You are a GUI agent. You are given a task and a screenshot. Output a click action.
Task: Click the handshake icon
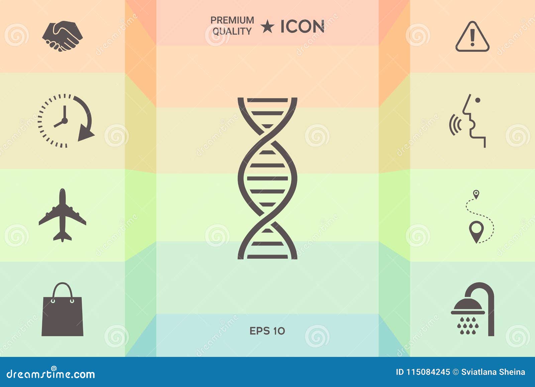point(62,36)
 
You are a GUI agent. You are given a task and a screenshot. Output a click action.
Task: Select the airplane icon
point(63,215)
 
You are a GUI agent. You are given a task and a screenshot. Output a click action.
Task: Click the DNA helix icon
point(267,178)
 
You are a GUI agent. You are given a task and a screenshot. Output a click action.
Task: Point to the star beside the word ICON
point(267,27)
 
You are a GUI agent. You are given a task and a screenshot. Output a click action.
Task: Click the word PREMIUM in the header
point(232,20)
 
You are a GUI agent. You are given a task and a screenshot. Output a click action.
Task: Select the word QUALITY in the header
point(232,31)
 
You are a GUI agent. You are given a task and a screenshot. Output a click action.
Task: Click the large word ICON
point(302,27)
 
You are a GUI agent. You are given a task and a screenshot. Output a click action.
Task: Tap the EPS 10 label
point(267,331)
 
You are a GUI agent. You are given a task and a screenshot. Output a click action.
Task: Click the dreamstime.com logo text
point(51,374)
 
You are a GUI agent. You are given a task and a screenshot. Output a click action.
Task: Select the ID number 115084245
point(428,372)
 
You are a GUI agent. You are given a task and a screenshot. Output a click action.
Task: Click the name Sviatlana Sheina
point(493,372)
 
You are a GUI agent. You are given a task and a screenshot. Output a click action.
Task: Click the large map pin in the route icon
point(476,230)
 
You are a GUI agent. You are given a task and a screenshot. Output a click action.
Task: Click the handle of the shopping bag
point(63,290)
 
